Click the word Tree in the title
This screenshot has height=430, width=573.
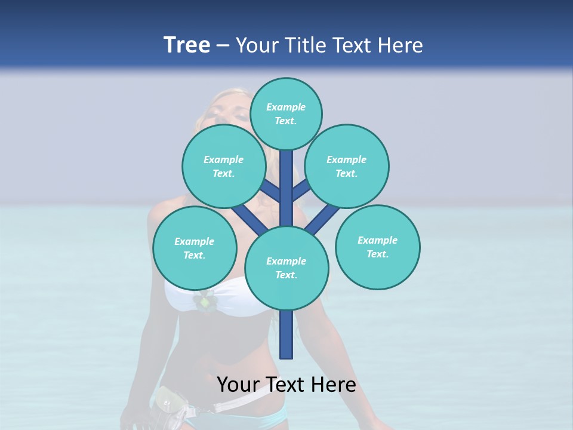(187, 45)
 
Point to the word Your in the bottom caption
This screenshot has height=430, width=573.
(238, 385)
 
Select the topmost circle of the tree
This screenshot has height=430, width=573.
(286, 113)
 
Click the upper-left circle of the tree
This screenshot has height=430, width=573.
(223, 167)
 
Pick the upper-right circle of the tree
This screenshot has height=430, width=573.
(347, 167)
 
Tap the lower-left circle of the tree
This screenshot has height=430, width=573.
(195, 248)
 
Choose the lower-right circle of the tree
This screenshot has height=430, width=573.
(377, 247)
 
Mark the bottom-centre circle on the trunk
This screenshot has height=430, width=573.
(286, 268)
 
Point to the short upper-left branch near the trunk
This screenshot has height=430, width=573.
(272, 192)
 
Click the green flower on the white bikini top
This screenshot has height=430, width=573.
(205, 302)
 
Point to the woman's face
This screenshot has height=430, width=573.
(230, 110)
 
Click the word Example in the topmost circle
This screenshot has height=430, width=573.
(286, 107)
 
